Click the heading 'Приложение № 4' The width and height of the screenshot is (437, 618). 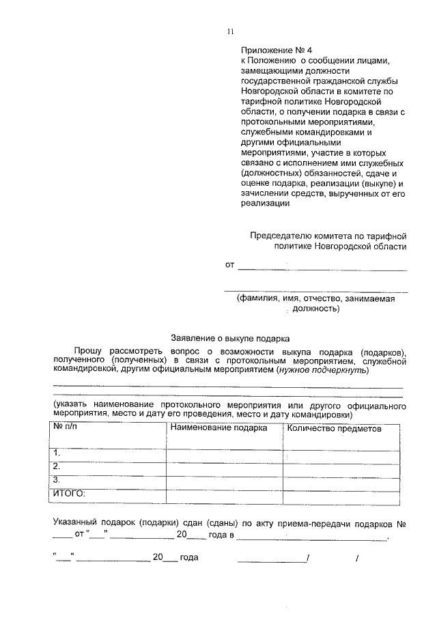(x=271, y=51)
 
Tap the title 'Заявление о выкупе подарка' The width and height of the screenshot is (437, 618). (x=230, y=337)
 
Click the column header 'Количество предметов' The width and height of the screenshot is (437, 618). (x=335, y=428)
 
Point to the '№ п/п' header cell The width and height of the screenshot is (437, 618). (x=68, y=427)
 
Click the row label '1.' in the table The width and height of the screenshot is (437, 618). (x=58, y=453)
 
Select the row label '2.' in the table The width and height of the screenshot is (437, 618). (x=58, y=466)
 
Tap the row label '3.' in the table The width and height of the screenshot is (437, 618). (x=58, y=479)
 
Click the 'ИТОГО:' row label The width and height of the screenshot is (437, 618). (x=70, y=492)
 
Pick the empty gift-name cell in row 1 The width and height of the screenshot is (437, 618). (x=224, y=453)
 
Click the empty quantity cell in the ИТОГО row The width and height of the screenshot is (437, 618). (x=341, y=493)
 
